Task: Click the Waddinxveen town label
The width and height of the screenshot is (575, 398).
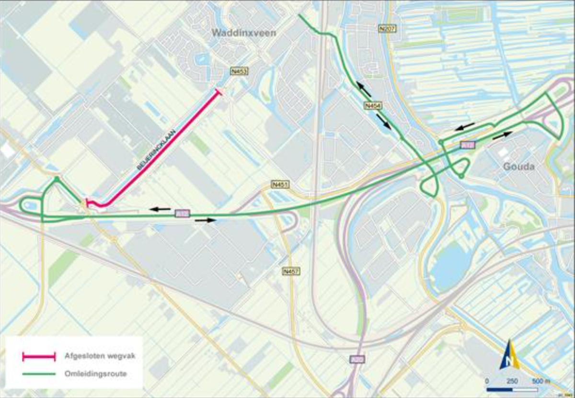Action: tap(235, 33)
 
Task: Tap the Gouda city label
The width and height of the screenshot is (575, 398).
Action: tap(518, 167)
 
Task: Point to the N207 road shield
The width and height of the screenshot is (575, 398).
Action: tap(387, 29)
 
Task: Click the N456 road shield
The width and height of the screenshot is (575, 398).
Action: tap(373, 105)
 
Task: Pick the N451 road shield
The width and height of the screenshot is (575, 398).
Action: tap(280, 184)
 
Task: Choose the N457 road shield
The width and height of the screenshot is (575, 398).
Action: tap(291, 272)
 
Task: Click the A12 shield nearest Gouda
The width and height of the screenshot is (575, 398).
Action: tap(467, 144)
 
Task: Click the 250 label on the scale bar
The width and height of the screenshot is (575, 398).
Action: tap(512, 381)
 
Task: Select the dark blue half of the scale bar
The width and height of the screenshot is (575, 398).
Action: tap(499, 389)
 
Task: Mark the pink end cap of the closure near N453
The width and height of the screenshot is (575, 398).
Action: tap(219, 91)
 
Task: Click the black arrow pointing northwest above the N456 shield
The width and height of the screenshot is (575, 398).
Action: tap(363, 89)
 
